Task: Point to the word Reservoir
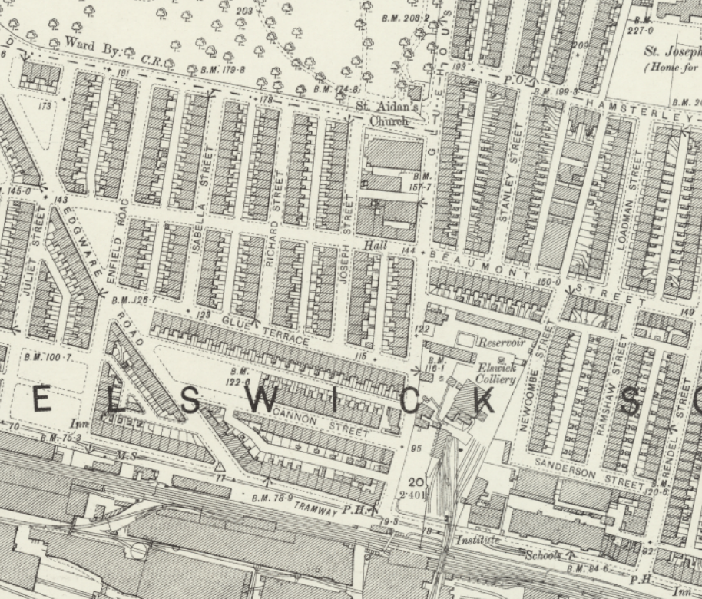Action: (x=502, y=343)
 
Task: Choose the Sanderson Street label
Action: (x=589, y=473)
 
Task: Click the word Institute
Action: (x=478, y=541)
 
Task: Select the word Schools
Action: (x=543, y=554)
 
